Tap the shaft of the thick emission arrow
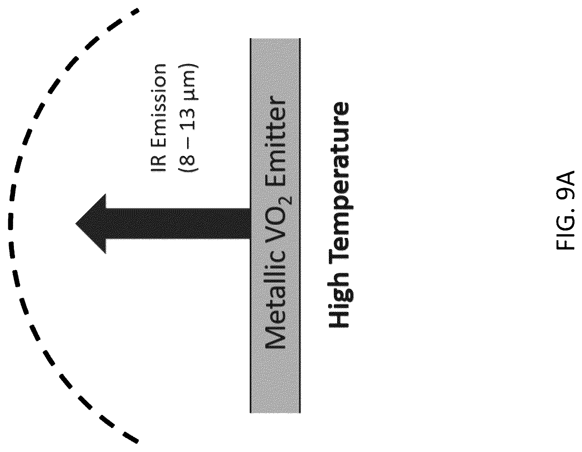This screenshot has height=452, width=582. (178, 223)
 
